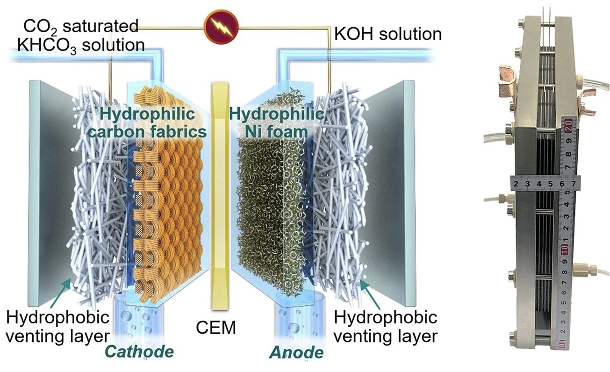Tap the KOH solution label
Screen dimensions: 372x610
pyautogui.click(x=388, y=34)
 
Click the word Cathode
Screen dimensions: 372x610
pyautogui.click(x=139, y=351)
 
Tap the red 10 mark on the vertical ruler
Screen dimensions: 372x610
pyautogui.click(x=565, y=247)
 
